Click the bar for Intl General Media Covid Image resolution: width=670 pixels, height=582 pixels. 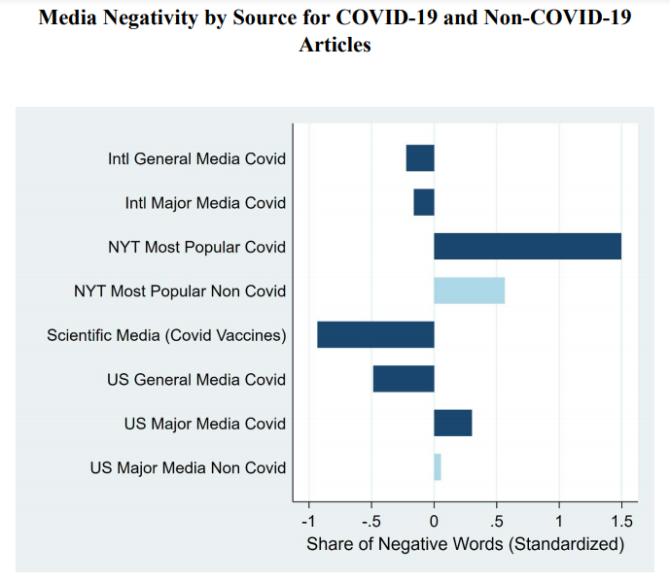[420, 157]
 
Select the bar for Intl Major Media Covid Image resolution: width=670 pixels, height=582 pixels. [424, 202]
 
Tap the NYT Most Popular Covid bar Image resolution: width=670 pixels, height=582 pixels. [527, 246]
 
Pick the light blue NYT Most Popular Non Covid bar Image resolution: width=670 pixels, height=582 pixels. [469, 291]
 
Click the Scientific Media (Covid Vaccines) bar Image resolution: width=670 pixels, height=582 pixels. [375, 334]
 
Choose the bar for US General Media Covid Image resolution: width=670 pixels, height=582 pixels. [404, 379]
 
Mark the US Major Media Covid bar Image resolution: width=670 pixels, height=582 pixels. [453, 423]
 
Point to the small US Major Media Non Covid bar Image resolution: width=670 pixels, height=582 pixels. [438, 467]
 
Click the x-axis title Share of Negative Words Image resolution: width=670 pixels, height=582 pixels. [465, 544]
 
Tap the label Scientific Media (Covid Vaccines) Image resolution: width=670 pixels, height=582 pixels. [166, 335]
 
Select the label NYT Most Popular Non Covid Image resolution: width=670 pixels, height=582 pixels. [180, 291]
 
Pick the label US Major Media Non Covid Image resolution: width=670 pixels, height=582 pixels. [188, 467]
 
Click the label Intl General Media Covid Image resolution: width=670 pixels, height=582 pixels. [196, 158]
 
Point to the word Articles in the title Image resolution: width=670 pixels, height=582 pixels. [335, 45]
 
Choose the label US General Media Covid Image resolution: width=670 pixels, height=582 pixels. [196, 379]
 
